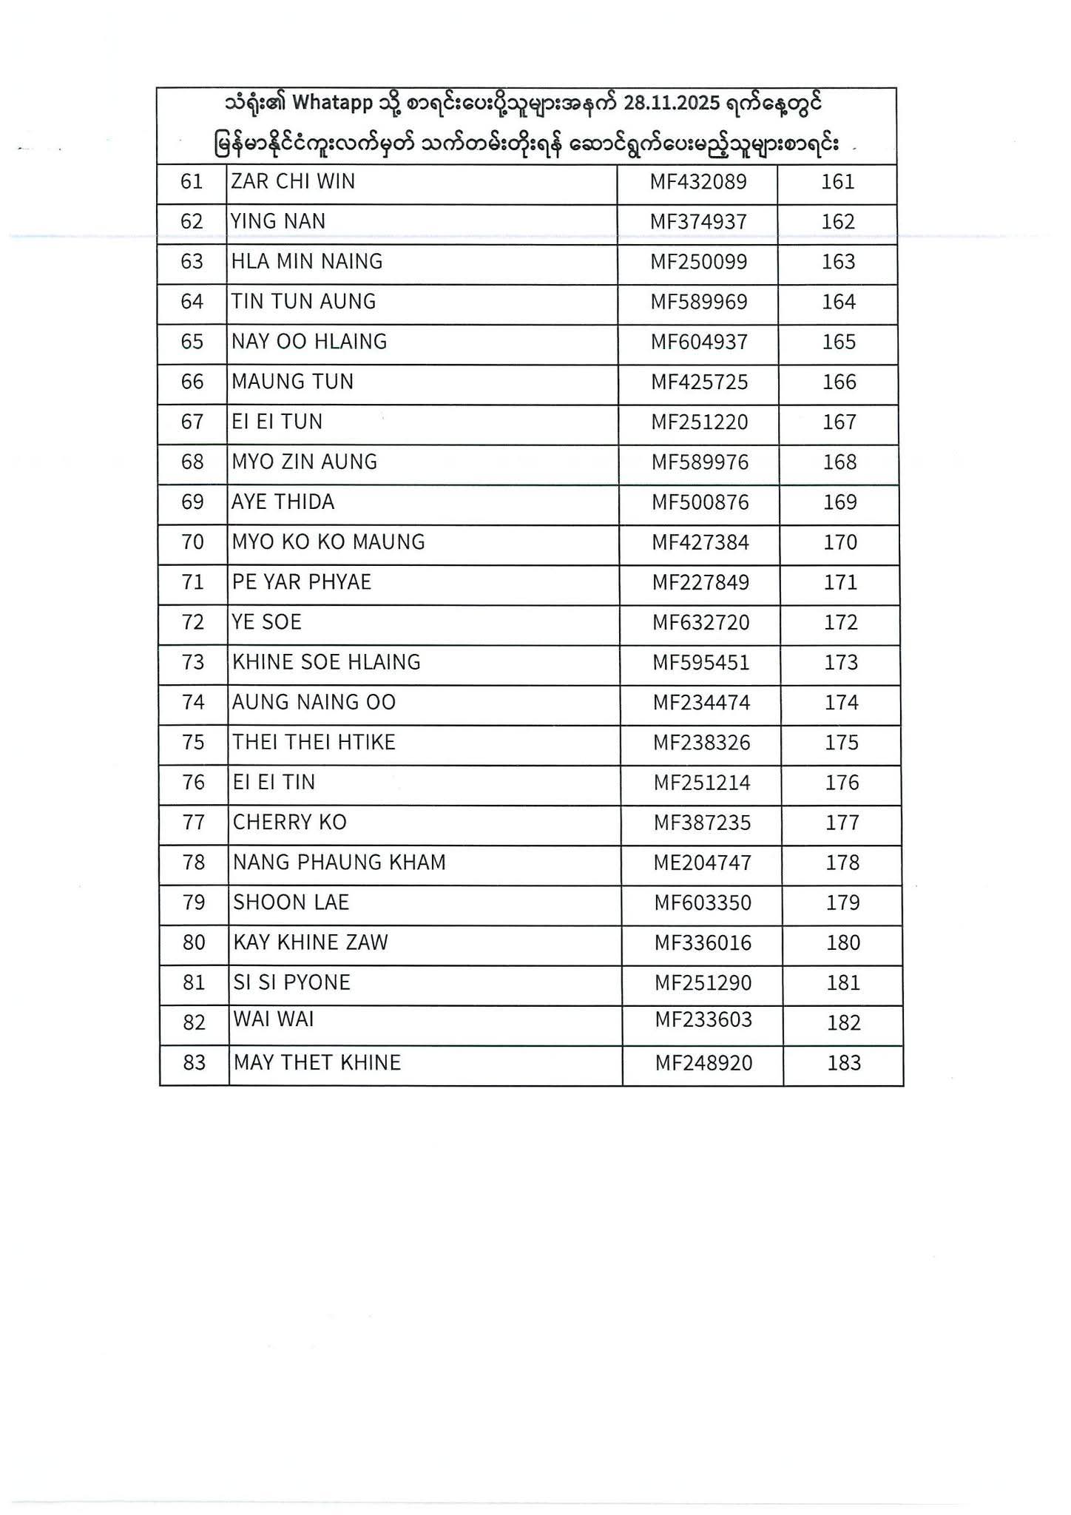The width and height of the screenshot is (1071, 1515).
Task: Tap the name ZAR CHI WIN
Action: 293,182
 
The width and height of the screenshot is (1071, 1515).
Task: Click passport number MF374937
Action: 698,222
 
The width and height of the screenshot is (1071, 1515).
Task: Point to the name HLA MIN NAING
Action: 307,262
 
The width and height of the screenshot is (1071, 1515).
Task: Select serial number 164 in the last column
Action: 839,302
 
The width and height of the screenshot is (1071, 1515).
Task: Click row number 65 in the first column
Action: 192,342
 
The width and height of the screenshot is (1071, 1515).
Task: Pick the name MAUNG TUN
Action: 293,382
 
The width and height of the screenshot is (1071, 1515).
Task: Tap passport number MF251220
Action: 700,422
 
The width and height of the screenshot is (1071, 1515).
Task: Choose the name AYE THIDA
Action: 283,502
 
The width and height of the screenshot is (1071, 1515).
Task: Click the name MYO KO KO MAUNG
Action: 328,542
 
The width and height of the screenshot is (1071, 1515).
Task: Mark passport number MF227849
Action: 700,583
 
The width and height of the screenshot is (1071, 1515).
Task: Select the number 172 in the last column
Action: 841,622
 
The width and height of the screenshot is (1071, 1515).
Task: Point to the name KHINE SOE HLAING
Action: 326,662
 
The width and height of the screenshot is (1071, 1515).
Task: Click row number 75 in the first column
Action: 193,742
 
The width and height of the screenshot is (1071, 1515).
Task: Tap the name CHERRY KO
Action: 290,823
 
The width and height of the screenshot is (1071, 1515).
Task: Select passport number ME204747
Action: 703,863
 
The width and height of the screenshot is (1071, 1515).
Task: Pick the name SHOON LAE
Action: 291,902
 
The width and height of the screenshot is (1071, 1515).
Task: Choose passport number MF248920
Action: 704,1064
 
